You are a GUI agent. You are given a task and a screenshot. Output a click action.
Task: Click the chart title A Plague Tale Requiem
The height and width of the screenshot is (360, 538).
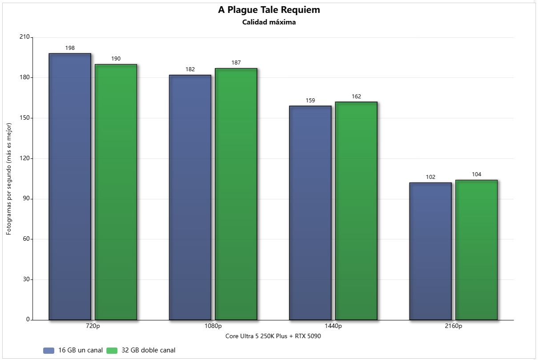pyautogui.click(x=269, y=10)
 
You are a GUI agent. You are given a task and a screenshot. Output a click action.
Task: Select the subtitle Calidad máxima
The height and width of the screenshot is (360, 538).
pyautogui.click(x=269, y=22)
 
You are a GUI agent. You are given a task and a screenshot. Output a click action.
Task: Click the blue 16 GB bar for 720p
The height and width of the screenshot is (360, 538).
pyautogui.click(x=70, y=186)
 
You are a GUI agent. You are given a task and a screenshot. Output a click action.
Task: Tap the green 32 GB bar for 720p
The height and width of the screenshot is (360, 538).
pyautogui.click(x=116, y=192)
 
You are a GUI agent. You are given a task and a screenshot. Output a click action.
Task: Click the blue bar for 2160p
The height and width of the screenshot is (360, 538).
pyautogui.click(x=430, y=251)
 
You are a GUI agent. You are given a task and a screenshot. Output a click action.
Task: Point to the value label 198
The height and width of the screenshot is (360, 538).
pyautogui.click(x=70, y=48)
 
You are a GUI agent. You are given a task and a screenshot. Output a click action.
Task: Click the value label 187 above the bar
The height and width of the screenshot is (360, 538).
pyautogui.click(x=236, y=63)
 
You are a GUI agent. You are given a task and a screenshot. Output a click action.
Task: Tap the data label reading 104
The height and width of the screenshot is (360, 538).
pyautogui.click(x=476, y=174)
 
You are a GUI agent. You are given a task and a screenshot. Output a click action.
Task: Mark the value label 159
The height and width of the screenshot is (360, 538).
pyautogui.click(x=310, y=101)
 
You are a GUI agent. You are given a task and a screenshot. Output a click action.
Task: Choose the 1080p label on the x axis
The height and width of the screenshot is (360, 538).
pyautogui.click(x=213, y=326)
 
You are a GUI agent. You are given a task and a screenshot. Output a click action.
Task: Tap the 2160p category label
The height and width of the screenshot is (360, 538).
pyautogui.click(x=453, y=326)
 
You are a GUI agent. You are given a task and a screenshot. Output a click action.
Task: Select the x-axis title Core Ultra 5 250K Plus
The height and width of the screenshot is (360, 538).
pyautogui.click(x=273, y=336)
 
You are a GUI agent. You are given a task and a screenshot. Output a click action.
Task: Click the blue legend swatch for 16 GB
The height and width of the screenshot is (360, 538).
pyautogui.click(x=48, y=350)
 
